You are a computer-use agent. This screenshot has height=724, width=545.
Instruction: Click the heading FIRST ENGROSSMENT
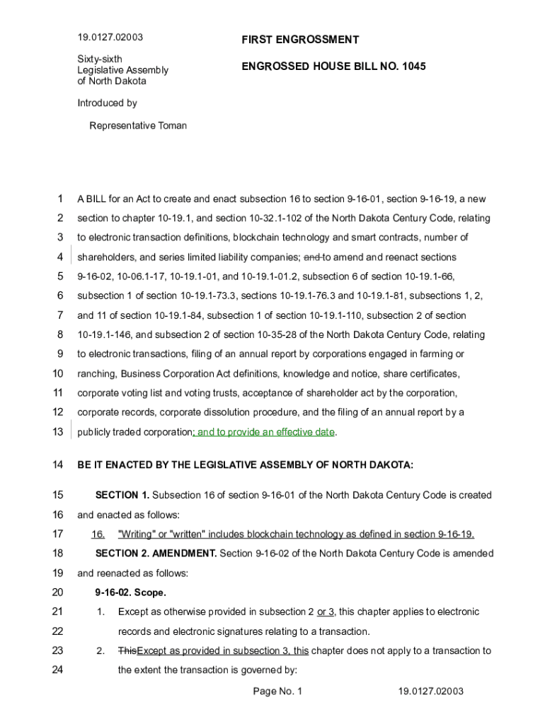(x=300, y=40)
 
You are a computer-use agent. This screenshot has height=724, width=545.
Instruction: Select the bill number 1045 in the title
(x=413, y=66)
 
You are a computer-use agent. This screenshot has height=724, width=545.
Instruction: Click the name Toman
(x=172, y=126)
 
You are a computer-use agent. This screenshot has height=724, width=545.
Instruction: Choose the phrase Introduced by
(x=107, y=103)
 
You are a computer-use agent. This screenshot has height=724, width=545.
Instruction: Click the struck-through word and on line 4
(x=311, y=257)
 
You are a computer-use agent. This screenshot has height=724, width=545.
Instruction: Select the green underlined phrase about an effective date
(x=265, y=432)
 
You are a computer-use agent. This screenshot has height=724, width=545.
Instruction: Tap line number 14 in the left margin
(x=58, y=465)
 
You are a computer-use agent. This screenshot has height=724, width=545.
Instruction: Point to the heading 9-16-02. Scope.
(x=131, y=592)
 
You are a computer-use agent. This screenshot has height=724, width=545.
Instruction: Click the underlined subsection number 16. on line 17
(x=98, y=535)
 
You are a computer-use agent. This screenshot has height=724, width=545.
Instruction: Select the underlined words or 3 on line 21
(x=326, y=612)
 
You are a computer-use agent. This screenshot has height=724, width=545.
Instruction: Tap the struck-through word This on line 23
(x=127, y=651)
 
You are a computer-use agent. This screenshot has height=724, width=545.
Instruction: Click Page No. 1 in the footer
(x=277, y=691)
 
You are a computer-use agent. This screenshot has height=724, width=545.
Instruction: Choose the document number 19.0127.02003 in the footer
(x=430, y=691)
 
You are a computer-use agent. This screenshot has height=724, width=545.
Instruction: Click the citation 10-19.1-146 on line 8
(x=106, y=335)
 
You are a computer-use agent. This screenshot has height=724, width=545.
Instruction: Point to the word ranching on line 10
(x=97, y=374)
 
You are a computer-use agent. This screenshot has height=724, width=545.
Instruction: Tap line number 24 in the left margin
(x=58, y=670)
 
